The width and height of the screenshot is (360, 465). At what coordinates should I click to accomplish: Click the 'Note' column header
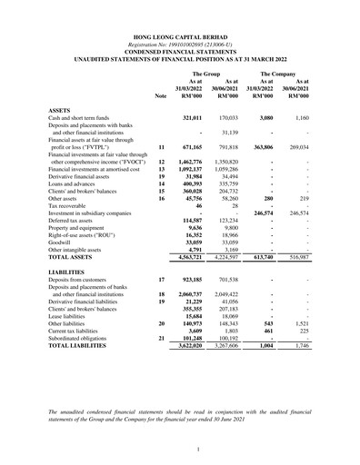coord(161,94)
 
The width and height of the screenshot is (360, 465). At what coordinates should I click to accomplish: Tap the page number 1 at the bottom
coord(179,450)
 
